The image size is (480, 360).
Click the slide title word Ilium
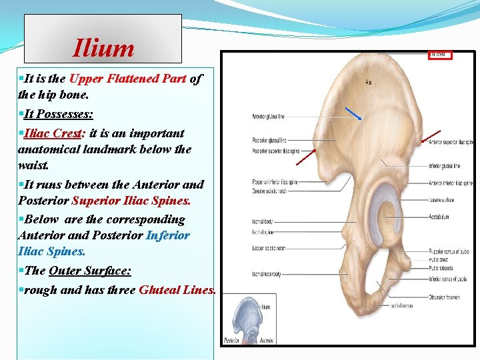(x=104, y=48)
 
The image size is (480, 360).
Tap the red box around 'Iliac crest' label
(x=439, y=55)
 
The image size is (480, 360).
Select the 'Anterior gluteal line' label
(x=268, y=117)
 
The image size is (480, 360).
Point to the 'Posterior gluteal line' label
(x=269, y=140)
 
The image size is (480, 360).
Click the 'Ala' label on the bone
(x=368, y=83)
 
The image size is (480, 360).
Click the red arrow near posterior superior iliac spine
(x=306, y=157)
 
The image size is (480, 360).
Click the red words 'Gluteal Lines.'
(x=177, y=290)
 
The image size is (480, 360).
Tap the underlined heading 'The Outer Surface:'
(x=90, y=271)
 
